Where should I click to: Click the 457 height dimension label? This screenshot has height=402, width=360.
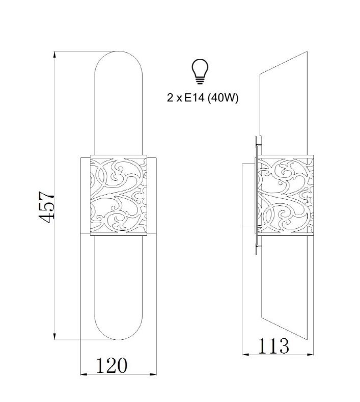coord(46,207)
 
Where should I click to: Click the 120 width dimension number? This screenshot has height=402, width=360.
coord(112,365)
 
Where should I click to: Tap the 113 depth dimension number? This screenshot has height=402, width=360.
coord(273,346)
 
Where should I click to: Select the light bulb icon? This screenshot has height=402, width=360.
coord(200,71)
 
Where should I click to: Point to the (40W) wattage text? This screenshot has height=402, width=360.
coord(223,98)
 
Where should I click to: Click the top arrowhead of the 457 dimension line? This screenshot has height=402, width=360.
coord(54,55)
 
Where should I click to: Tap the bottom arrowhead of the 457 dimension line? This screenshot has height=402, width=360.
coord(54,336)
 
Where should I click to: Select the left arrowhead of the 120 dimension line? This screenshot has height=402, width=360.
coord(84,374)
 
